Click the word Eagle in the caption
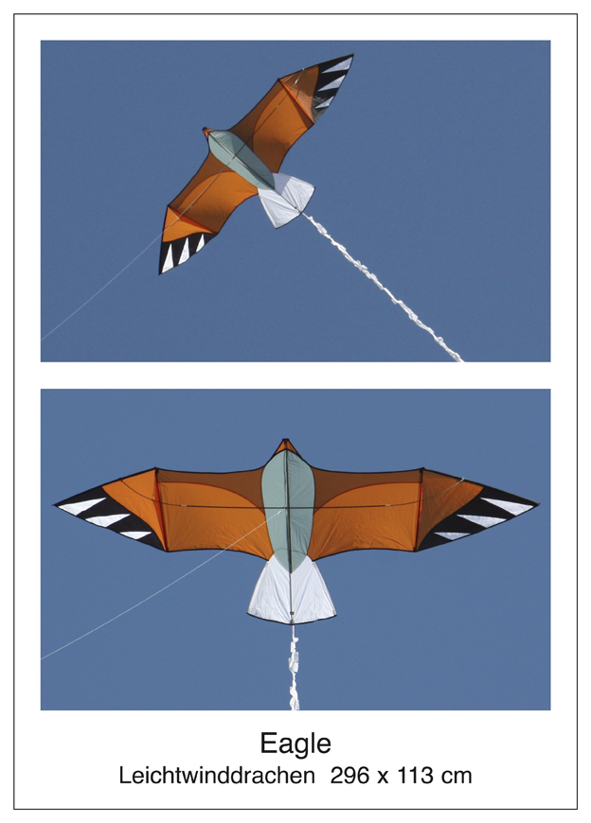295,744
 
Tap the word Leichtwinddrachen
217,776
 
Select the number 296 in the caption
349,776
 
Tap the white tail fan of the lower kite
292,590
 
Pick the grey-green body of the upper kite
242,160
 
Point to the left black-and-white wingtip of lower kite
108,517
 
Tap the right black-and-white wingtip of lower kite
478,518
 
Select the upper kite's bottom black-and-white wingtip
184,251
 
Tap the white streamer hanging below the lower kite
294,667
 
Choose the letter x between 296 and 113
383,778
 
